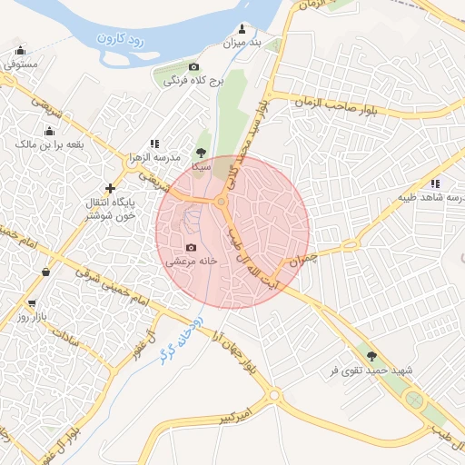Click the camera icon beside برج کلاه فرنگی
pos(193,66)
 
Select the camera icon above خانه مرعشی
pos(191,247)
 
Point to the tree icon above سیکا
pos(201,153)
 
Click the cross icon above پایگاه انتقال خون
pos(111,187)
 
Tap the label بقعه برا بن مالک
pos(49,144)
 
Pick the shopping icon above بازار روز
pos(33,303)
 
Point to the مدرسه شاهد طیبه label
pos(432,197)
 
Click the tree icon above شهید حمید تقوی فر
pos(371,355)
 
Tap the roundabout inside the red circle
pos(221,201)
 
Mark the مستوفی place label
pos(20,64)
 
